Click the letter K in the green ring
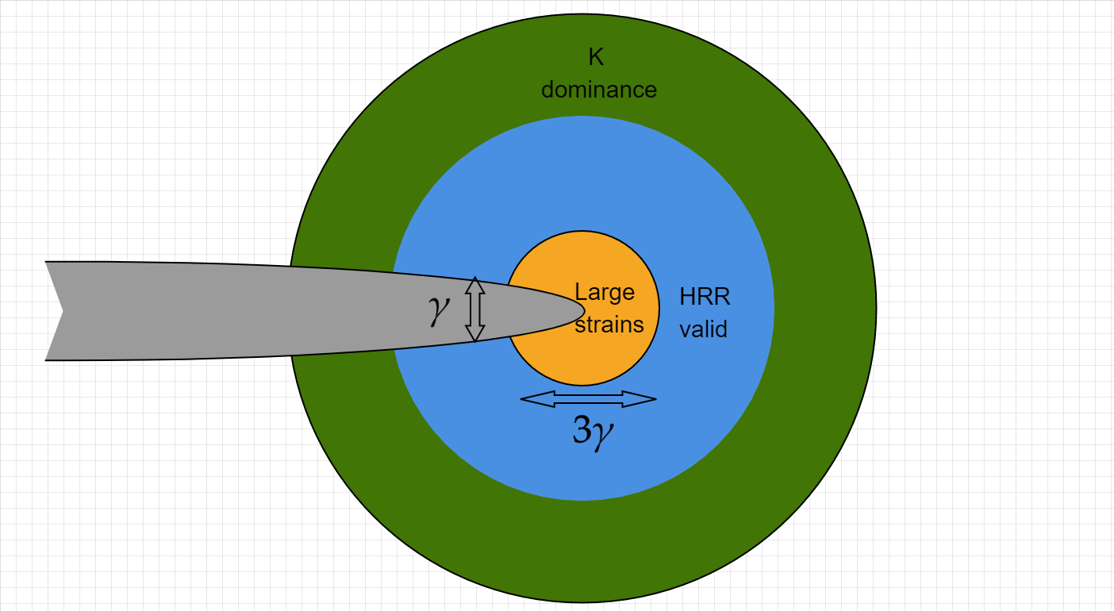click(596, 57)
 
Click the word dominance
click(599, 90)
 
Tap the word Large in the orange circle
click(605, 293)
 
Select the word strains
click(609, 325)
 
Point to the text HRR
click(705, 297)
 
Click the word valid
click(703, 329)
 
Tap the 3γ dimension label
click(593, 431)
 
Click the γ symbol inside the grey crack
click(439, 310)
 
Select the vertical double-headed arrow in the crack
click(475, 309)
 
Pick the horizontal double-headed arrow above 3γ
click(588, 399)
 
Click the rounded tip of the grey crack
click(584, 310)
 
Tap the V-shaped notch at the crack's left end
click(63, 312)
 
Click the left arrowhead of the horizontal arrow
click(537, 399)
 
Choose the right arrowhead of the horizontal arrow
click(640, 399)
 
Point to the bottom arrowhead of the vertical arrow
click(475, 334)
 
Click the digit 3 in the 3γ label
click(582, 429)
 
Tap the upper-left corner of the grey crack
click(46, 262)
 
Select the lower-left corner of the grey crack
click(46, 360)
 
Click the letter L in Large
click(580, 291)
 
